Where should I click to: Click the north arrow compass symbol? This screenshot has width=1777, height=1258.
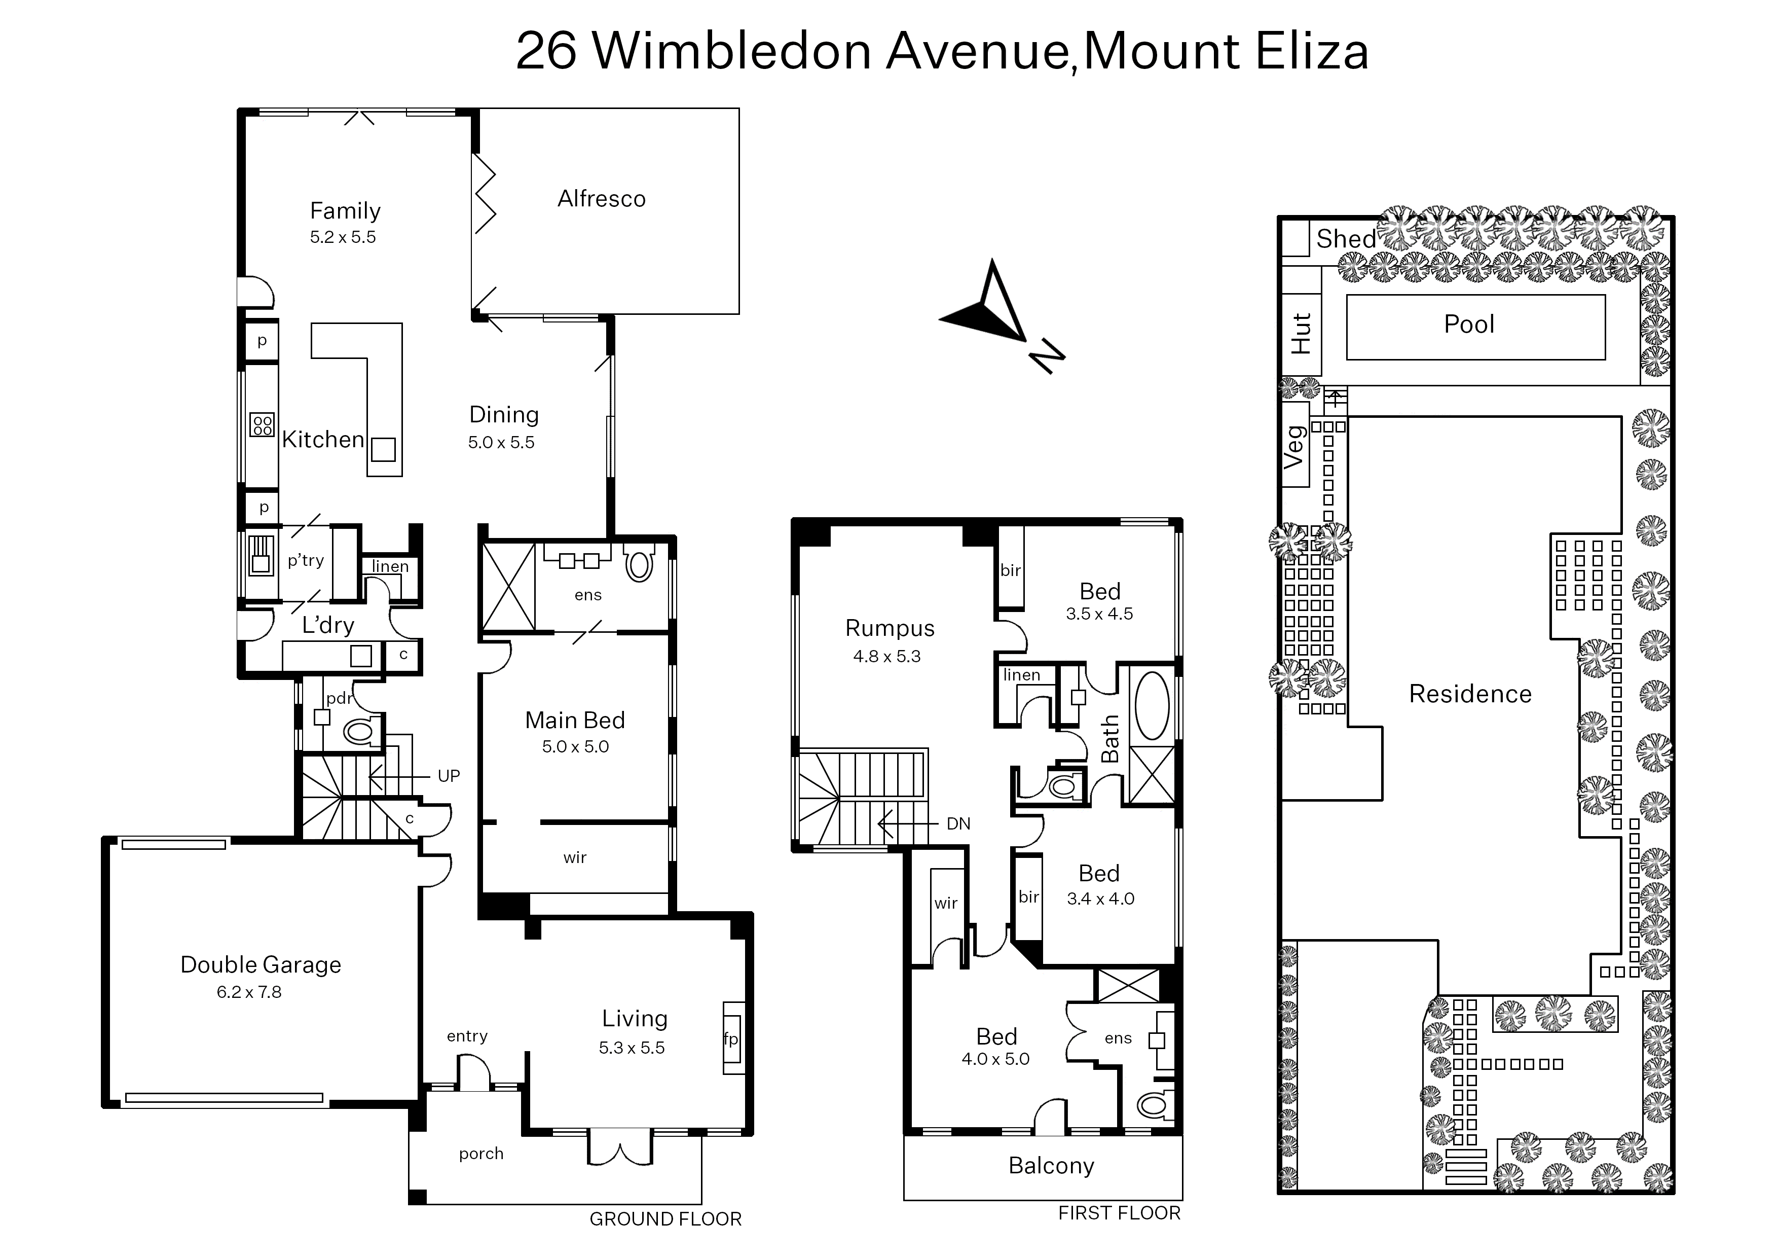(x=999, y=314)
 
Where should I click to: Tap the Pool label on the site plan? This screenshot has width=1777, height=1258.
(x=1469, y=324)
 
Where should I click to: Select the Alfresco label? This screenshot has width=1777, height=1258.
(x=602, y=199)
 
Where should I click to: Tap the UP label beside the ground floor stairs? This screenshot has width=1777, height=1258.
(x=449, y=776)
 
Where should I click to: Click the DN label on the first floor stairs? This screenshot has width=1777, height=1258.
(x=958, y=824)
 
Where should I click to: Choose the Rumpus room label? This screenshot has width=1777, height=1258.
(x=890, y=628)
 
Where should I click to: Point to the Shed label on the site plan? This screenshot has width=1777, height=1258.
(x=1347, y=239)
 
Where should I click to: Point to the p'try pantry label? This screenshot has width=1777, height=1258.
(x=306, y=560)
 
